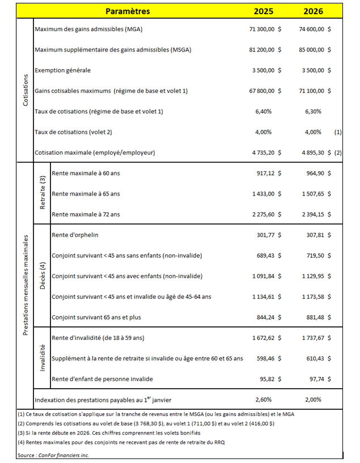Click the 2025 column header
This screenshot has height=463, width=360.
264,11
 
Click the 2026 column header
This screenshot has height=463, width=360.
313,11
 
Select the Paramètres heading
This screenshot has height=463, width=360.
128,11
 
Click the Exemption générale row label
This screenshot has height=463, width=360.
62,70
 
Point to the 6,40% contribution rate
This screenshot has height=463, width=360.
264,112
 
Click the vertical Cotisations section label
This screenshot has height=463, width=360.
26,91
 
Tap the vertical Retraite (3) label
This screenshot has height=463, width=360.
42,194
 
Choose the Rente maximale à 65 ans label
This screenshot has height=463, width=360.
86,194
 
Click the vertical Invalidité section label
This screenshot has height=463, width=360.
42,358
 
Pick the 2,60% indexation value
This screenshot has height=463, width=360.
264,400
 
